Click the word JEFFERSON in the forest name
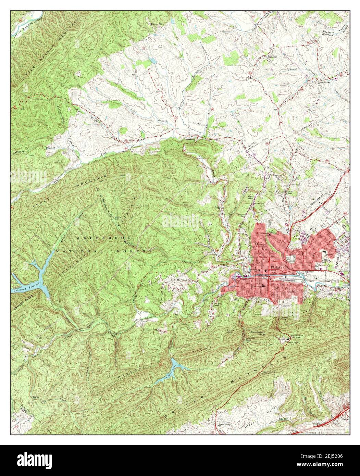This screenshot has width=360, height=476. click(x=103, y=237)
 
